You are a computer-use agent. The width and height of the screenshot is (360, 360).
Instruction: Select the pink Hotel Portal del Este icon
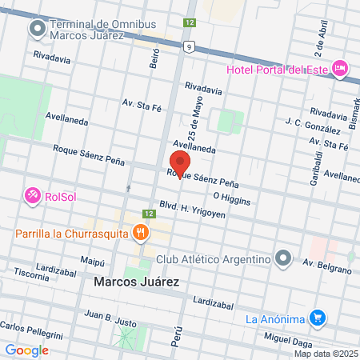[x=341, y=70]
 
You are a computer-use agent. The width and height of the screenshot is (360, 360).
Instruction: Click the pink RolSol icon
[x=33, y=194]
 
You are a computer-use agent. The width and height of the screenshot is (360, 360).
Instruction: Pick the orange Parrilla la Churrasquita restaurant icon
[x=141, y=233]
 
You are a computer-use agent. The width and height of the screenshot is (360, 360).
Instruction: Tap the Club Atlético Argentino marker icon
[x=282, y=258]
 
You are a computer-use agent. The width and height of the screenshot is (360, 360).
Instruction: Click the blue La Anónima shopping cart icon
[x=318, y=318]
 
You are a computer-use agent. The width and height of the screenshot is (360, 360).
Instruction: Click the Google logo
[x=26, y=350]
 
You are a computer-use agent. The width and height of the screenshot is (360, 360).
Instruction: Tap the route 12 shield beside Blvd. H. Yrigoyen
[x=149, y=214]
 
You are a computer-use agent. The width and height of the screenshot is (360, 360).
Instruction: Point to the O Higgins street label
[x=232, y=196]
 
